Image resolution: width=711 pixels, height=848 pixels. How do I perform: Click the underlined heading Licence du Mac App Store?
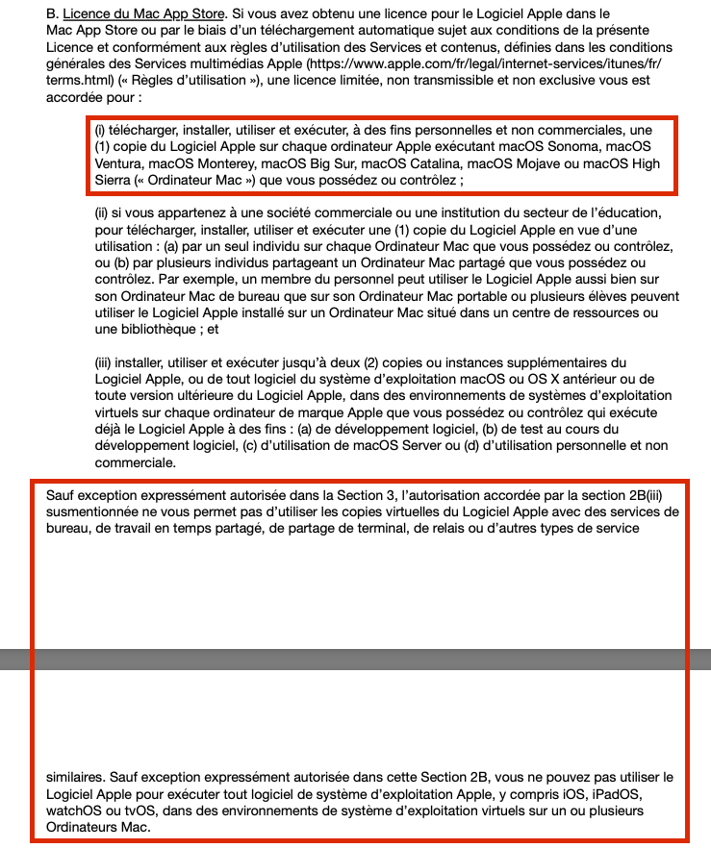(x=143, y=15)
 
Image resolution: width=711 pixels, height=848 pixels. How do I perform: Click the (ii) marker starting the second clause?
(x=100, y=212)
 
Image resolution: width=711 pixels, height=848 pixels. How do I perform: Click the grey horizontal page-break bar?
(x=355, y=659)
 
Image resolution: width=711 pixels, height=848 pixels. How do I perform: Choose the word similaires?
(x=76, y=777)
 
